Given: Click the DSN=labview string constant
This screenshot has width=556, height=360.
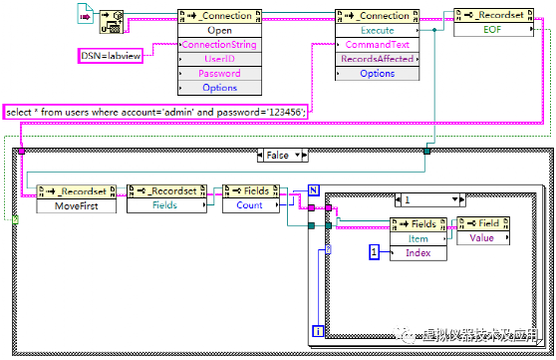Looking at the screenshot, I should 111,58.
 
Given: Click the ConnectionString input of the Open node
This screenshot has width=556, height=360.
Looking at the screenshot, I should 218,45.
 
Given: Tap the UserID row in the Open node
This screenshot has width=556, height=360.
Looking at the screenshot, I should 218,59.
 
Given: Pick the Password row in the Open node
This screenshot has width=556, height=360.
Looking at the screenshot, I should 218,73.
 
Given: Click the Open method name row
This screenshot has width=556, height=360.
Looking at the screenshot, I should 218,30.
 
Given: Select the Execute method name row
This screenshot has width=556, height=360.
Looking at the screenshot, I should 377,30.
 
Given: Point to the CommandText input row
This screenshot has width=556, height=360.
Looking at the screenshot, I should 377,45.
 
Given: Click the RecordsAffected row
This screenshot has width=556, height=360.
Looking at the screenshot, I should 377,59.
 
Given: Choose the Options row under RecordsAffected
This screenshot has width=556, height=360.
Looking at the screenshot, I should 377,73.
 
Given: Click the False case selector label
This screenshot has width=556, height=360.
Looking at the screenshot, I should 277,155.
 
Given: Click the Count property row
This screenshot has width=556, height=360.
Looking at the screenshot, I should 250,205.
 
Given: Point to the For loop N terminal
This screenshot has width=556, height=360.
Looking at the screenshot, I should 313,186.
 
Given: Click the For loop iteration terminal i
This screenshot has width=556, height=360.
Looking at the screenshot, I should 318,330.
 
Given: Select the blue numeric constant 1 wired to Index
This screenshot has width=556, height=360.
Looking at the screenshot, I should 375,254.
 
